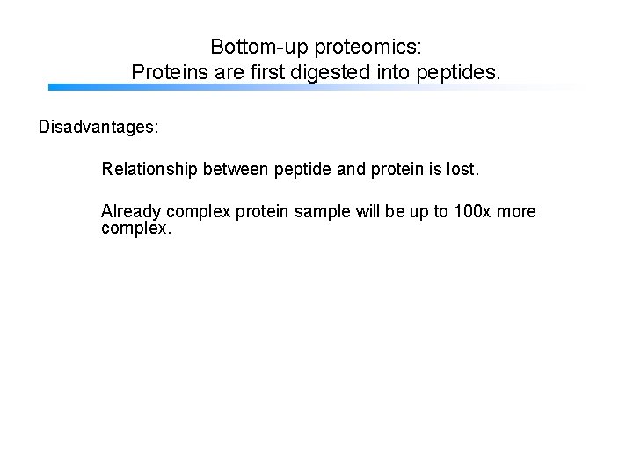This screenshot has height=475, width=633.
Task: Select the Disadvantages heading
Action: pyautogui.click(x=98, y=128)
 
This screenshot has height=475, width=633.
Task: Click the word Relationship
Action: pyautogui.click(x=149, y=168)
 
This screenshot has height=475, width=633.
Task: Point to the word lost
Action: pyautogui.click(x=462, y=168)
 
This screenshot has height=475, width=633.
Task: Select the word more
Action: pyautogui.click(x=516, y=212)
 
